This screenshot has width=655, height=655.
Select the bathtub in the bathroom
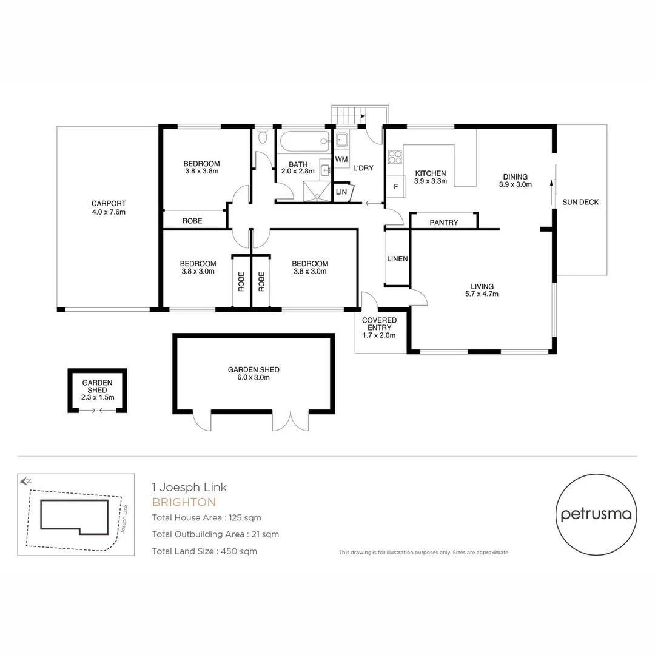point(303,142)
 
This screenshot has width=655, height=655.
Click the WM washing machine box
point(341,159)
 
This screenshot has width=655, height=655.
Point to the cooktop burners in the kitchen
point(395,156)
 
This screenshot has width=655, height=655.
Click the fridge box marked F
point(396,186)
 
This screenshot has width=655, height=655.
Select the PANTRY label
point(443,223)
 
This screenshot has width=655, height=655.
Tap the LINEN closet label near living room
point(397,259)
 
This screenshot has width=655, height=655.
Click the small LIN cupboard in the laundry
point(341,192)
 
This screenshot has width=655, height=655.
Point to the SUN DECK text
point(580,202)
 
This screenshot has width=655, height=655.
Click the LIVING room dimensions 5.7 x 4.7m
point(482,294)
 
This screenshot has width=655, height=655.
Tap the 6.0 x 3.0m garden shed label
point(254,374)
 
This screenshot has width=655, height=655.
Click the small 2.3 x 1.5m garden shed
point(97,390)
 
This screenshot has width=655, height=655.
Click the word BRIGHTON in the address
point(184,502)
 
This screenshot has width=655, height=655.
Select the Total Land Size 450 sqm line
point(204,551)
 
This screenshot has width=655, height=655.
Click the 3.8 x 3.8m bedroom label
point(201,167)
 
